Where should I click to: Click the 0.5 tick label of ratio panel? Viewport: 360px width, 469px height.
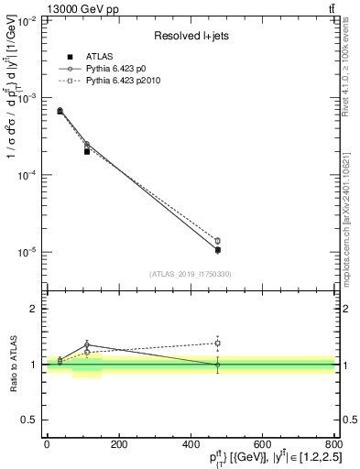[x=29, y=420]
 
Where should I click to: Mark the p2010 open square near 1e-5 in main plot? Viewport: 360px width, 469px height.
[x=217, y=241]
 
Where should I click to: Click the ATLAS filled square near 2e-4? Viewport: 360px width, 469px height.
[x=87, y=151]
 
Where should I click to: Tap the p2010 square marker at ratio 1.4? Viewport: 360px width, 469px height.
[x=217, y=344]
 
